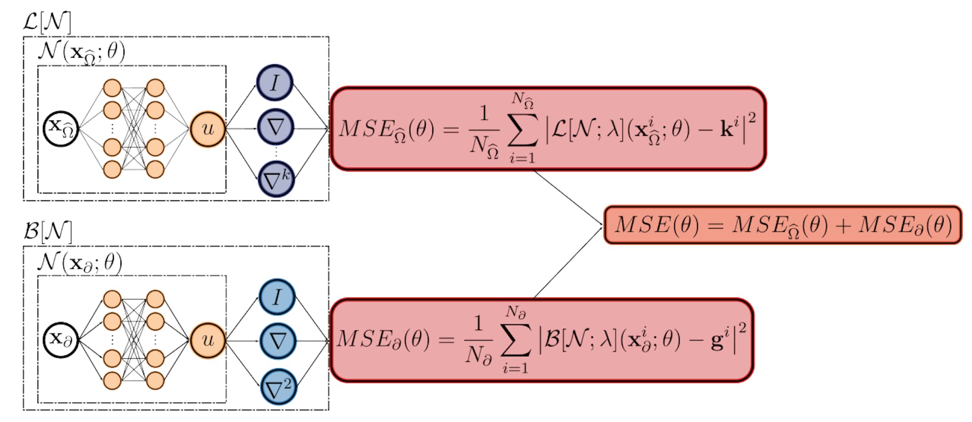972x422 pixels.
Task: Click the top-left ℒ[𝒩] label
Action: tap(47, 22)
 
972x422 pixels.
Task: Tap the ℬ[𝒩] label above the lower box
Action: tap(48, 232)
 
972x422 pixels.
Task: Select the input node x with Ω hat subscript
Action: tap(60, 129)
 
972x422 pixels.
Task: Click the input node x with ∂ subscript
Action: tap(60, 340)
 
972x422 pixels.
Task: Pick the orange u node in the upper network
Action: tap(208, 129)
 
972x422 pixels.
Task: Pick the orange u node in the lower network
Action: tap(208, 340)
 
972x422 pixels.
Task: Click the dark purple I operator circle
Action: tap(275, 82)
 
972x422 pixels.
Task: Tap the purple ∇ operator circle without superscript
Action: tap(275, 127)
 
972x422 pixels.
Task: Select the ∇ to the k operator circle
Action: tap(276, 179)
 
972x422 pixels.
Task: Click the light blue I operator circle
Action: tap(277, 297)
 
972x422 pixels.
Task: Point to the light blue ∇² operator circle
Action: tap(278, 388)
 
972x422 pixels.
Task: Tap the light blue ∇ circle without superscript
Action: tap(277, 341)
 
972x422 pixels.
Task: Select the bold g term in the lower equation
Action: tap(717, 341)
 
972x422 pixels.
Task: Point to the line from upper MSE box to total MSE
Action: tap(567, 198)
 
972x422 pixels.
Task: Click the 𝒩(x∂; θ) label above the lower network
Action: tap(80, 262)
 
